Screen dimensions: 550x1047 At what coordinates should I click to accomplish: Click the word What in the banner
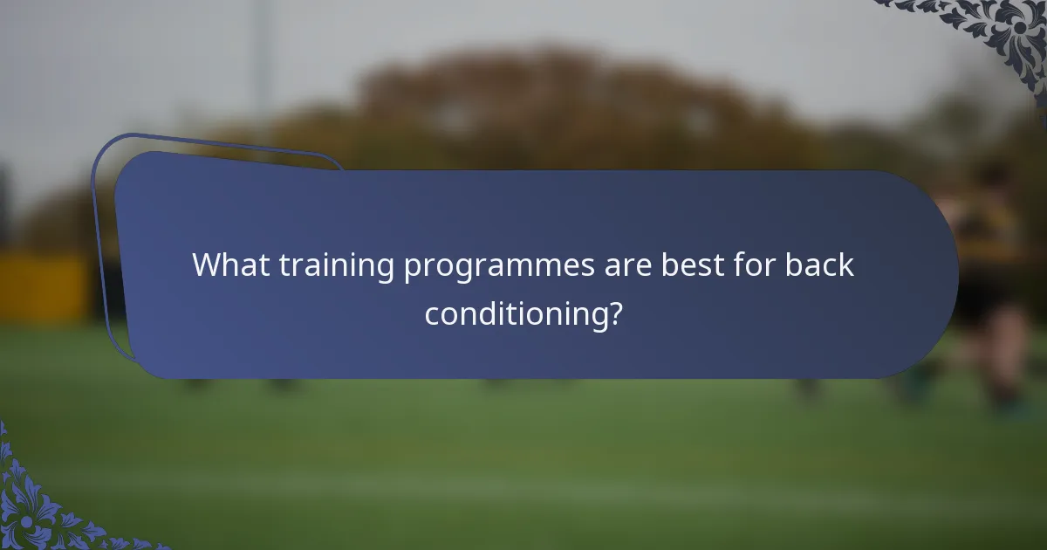point(230,265)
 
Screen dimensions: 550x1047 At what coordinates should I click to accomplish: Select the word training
point(336,266)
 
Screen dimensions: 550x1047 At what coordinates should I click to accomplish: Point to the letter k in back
point(848,265)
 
